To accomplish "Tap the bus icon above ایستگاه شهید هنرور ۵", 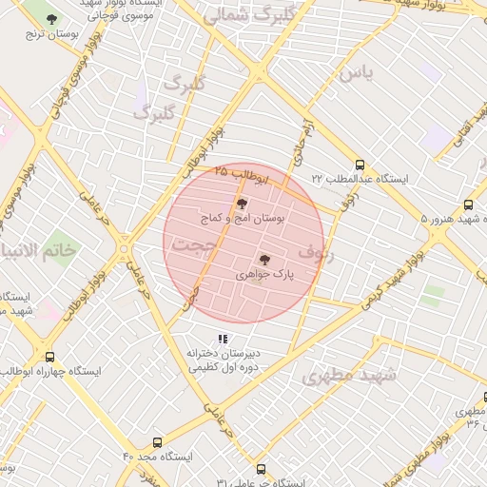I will coord(467,205).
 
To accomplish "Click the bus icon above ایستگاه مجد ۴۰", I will coord(157,441).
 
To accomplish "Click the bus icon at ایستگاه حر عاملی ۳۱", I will coord(262,469).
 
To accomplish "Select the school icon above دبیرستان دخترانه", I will coord(223,339).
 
